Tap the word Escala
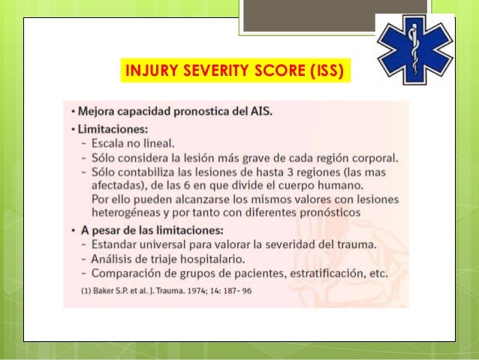[x=107, y=144]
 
